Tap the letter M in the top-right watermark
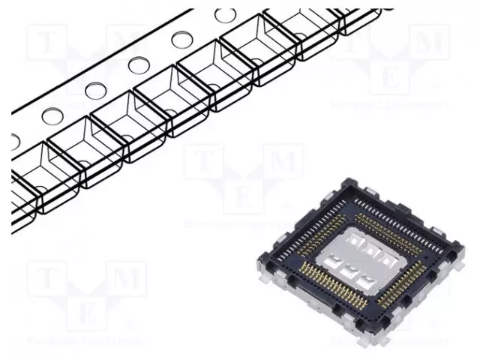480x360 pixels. click(429, 42)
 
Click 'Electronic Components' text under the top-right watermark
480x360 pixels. click(390, 104)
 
